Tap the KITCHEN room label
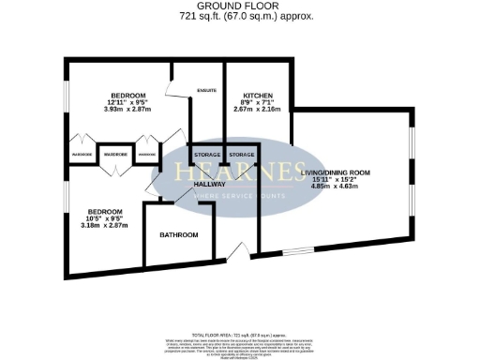(257, 96)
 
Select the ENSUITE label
(207, 91)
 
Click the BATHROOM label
(178, 234)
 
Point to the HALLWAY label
(210, 184)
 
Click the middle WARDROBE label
(115, 154)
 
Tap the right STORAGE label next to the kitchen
(242, 154)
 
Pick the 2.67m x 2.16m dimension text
(257, 111)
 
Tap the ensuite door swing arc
(174, 87)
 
